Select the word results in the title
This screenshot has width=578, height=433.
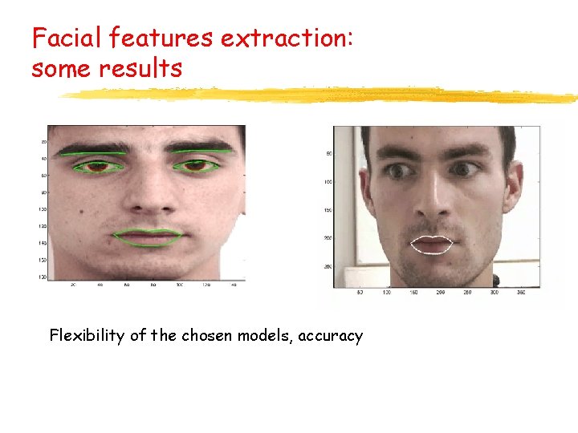click(x=141, y=68)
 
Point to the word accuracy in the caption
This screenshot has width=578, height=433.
click(x=330, y=336)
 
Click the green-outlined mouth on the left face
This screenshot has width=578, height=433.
click(x=148, y=237)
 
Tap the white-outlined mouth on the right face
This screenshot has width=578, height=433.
click(x=432, y=245)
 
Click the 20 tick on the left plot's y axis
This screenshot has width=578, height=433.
click(x=43, y=142)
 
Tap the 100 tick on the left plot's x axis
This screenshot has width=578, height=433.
click(x=180, y=285)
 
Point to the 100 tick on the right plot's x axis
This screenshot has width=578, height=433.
click(x=386, y=292)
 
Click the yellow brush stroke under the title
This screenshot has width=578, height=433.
click(x=321, y=95)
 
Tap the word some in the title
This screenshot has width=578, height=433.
click(x=62, y=68)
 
